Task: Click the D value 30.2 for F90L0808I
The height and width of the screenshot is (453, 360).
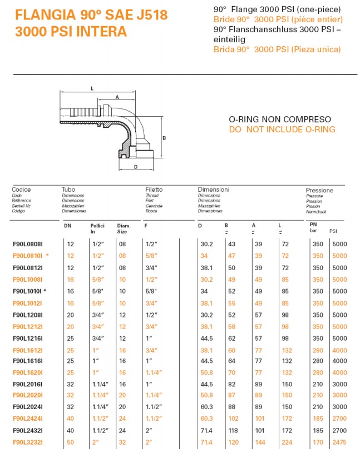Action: point(206,244)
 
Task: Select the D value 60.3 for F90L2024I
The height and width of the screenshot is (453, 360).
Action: point(206,407)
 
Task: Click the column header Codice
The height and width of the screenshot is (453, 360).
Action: point(21,190)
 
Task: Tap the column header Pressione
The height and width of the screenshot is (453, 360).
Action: point(319,191)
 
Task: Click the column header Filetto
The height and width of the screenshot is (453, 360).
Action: point(154,190)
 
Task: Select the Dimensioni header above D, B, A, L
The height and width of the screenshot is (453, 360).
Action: point(214,190)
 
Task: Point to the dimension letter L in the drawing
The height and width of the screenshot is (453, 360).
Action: point(92,88)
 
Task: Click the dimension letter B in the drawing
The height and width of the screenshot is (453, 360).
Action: point(164,138)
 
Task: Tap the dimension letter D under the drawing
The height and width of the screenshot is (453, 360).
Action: point(135,166)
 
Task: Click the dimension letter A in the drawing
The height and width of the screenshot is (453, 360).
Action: point(117,96)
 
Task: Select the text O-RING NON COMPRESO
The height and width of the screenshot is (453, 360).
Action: point(280,120)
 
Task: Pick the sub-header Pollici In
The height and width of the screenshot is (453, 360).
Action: point(97,227)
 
